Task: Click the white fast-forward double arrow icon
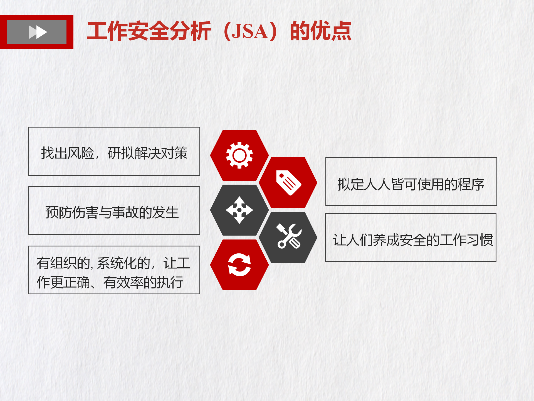[38, 32]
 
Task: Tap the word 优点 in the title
[321, 31]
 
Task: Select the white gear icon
[239, 155]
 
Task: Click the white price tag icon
[288, 183]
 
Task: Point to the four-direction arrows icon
[239, 210]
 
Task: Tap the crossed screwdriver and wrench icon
[289, 236]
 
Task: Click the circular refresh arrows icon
[239, 265]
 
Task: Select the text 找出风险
[68, 153]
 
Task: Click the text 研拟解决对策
[148, 153]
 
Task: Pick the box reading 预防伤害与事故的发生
[114, 211]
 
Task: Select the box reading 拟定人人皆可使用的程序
[411, 182]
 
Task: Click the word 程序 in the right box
[471, 184]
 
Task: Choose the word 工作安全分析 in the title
[149, 31]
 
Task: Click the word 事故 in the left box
[125, 212]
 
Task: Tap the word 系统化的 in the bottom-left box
[123, 263]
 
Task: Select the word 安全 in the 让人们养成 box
[413, 240]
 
